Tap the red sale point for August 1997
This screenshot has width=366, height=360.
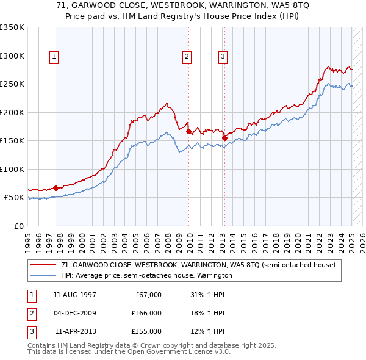56,188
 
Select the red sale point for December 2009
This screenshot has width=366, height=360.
188,132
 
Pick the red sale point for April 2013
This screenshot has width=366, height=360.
224,138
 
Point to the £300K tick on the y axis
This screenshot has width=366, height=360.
12,56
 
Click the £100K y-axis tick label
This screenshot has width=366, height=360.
12,169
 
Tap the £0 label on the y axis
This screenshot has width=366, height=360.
18,226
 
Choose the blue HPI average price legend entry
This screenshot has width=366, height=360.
146,275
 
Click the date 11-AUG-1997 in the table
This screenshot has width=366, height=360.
75,295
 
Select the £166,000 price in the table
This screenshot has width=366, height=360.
146,313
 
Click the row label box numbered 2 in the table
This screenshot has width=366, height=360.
29,313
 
